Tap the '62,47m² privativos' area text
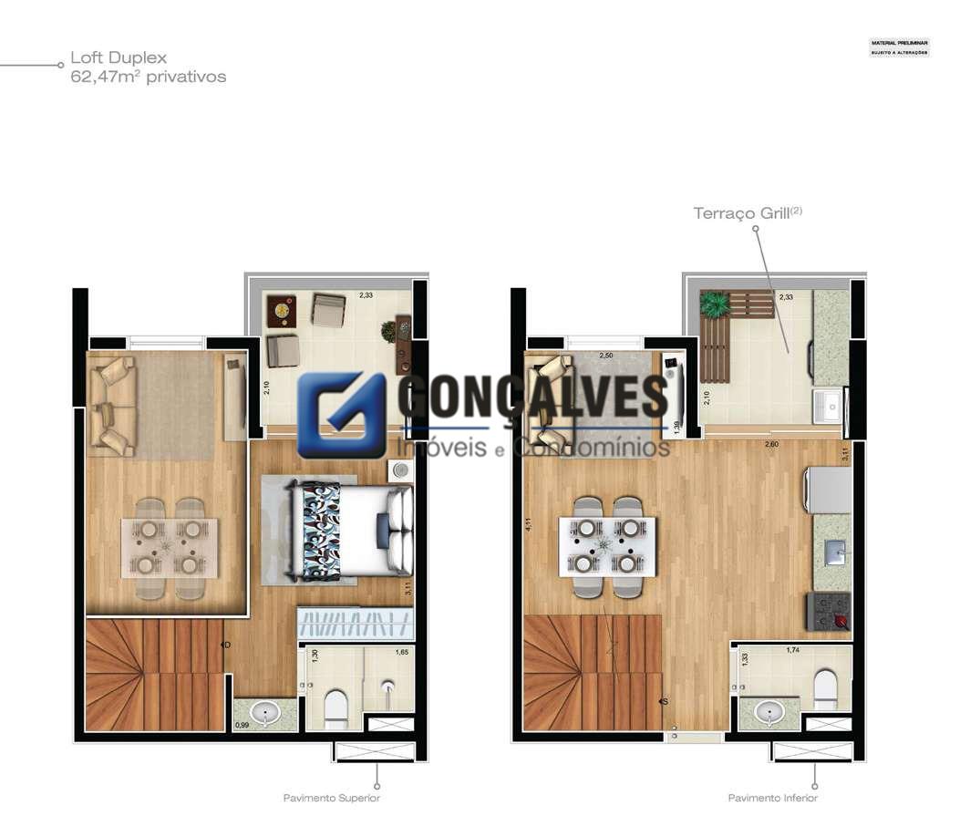point(148,77)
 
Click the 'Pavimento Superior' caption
point(331,798)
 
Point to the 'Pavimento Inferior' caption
point(772,798)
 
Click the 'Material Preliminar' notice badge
point(899,47)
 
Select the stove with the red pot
point(829,611)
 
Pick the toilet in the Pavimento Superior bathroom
point(335,706)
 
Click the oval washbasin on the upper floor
point(264,712)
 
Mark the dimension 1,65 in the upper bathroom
point(401,653)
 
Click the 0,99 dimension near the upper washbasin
point(242,725)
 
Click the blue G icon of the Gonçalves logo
point(342,415)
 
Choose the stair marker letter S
point(665,701)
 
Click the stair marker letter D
point(225,645)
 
